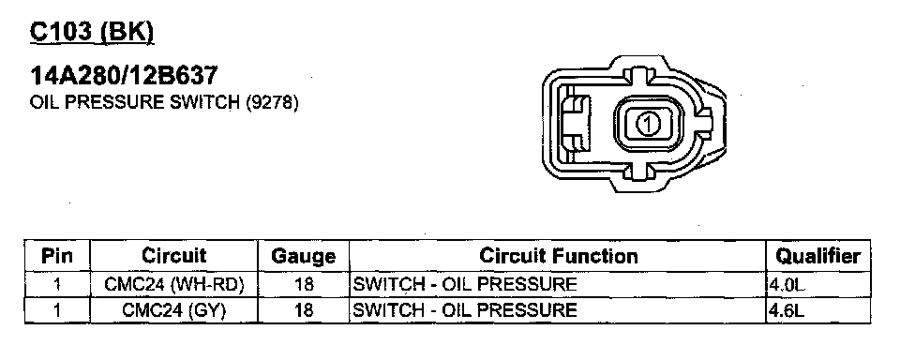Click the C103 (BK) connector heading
coord(92,33)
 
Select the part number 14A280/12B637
coord(124,76)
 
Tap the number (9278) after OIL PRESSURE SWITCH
coord(272,103)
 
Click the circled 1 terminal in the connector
coord(648,124)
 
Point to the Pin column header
coord(57,256)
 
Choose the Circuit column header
coord(174,255)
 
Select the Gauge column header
coord(303,256)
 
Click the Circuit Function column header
coord(558,256)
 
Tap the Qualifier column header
coord(817,256)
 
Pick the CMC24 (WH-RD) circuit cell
coord(174,284)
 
